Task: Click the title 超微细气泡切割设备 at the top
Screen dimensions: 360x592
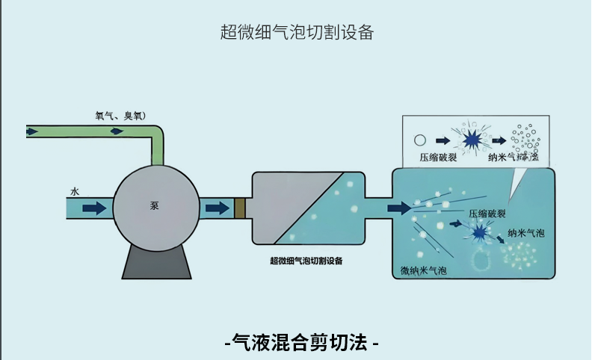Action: pyautogui.click(x=297, y=32)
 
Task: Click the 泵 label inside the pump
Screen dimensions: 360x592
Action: pyautogui.click(x=155, y=205)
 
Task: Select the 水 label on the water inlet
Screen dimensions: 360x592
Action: pyautogui.click(x=75, y=191)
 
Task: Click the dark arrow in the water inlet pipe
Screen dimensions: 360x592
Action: pyautogui.click(x=94, y=207)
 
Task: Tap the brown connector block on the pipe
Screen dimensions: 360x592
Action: pyautogui.click(x=240, y=207)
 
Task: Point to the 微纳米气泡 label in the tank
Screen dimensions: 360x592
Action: pyautogui.click(x=424, y=269)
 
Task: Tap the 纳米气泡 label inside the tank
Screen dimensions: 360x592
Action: pyautogui.click(x=526, y=233)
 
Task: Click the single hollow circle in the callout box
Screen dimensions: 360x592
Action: pyautogui.click(x=420, y=139)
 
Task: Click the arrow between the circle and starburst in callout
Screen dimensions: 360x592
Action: pyautogui.click(x=444, y=140)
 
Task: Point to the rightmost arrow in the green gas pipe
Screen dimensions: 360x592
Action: pyautogui.click(x=117, y=131)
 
